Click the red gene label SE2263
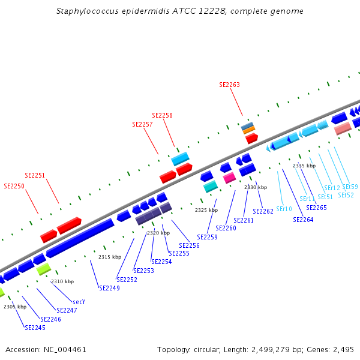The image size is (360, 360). pyautogui.click(x=229, y=85)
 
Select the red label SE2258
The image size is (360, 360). pyautogui.click(x=162, y=115)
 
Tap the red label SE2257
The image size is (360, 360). pyautogui.click(x=142, y=124)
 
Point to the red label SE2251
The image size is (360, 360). pyautogui.click(x=35, y=175)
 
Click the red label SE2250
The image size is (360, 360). pyautogui.click(x=14, y=186)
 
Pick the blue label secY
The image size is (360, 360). pyautogui.click(x=79, y=302)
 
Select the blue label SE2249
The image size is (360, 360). pyautogui.click(x=109, y=288)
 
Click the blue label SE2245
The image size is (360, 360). pyautogui.click(x=35, y=328)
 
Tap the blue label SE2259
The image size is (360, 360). pyautogui.click(x=207, y=237)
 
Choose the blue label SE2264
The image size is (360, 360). pyautogui.click(x=303, y=220)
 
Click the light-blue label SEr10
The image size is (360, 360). pyautogui.click(x=284, y=209)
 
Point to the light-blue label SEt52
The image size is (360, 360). pyautogui.click(x=346, y=195)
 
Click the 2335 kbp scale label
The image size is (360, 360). pyautogui.click(x=304, y=166)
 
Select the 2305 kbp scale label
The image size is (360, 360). pyautogui.click(x=15, y=307)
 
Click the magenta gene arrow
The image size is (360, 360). pyautogui.click(x=229, y=178)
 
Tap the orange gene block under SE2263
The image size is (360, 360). pyautogui.click(x=248, y=130)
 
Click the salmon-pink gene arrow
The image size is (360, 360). pyautogui.click(x=343, y=128)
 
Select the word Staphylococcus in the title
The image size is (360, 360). pyautogui.click(x=84, y=11)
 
